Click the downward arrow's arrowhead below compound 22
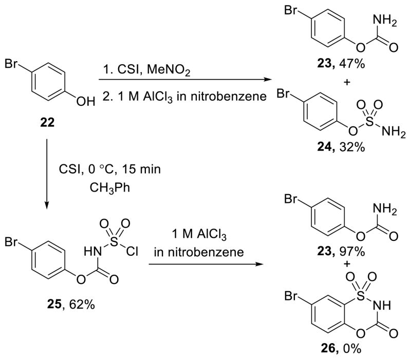47,206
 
